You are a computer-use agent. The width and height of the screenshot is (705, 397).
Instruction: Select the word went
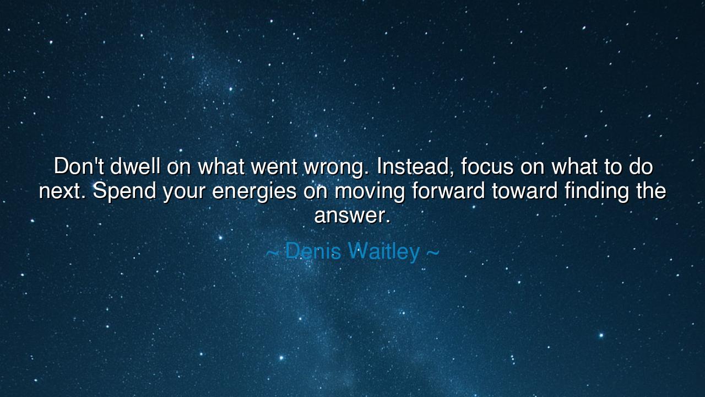coord(270,167)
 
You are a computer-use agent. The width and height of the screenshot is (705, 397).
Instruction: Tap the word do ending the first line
coord(641,167)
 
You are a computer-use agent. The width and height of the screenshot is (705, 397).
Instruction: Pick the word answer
coord(352,216)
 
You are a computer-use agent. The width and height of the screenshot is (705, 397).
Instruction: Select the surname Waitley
coord(384,252)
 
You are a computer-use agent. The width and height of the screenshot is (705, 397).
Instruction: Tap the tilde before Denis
coord(272,253)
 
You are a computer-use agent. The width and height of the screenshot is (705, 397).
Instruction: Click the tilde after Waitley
coord(432,253)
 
